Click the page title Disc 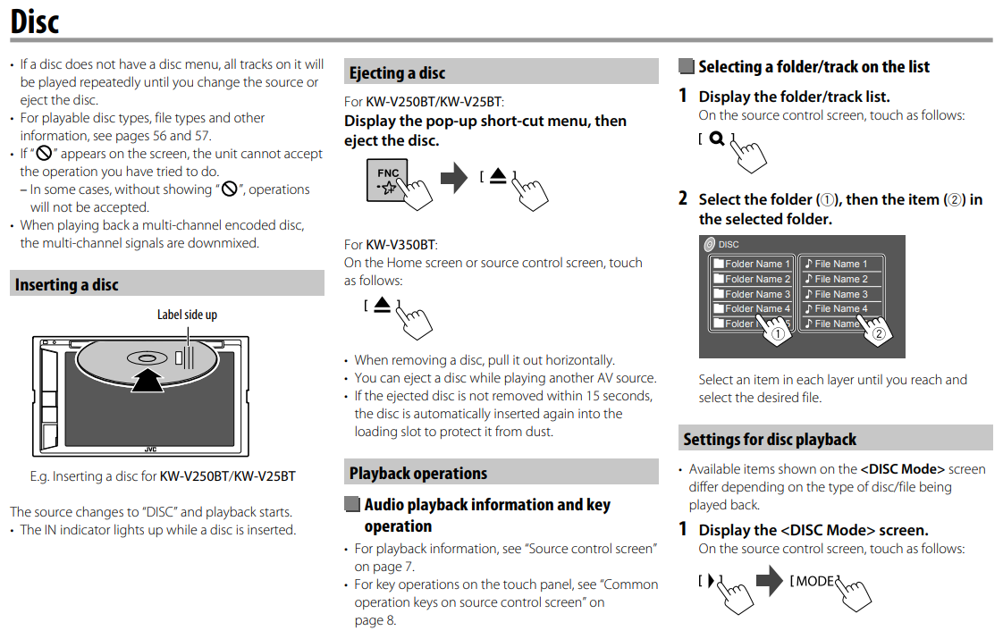35,21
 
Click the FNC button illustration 388,180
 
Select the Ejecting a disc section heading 397,73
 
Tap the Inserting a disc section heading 67,285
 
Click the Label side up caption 187,315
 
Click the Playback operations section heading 418,474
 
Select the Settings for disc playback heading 770,440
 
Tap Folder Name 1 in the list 752,264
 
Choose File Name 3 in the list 840,294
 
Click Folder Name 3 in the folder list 752,294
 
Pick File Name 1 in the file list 840,264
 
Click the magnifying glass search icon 716,139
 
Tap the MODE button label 814,582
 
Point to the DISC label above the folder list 728,245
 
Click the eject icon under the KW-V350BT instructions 383,305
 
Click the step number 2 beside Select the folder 683,199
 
